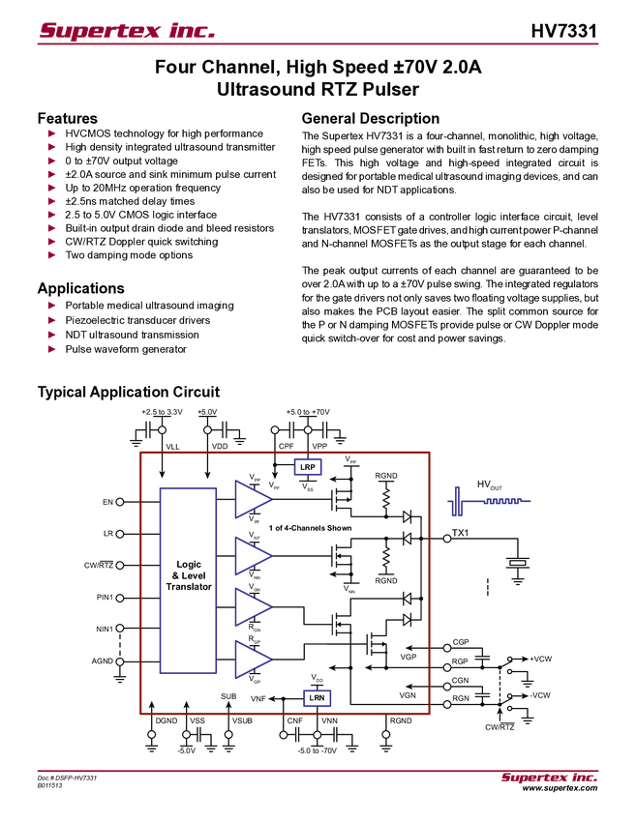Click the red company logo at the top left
126,30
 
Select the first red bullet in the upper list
52,132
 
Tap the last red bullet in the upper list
52,256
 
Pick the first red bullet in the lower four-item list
52,305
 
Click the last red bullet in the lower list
52,349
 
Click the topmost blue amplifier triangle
252,499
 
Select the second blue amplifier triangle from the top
252,554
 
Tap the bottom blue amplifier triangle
252,660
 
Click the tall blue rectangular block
188,579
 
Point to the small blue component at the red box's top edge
309,468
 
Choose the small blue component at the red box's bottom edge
318,697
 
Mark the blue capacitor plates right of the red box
456,501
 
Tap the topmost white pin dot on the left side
120,502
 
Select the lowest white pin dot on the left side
120,661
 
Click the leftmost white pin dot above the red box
162,429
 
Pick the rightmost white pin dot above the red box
308,429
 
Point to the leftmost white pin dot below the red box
151,735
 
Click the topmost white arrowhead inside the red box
407,516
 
